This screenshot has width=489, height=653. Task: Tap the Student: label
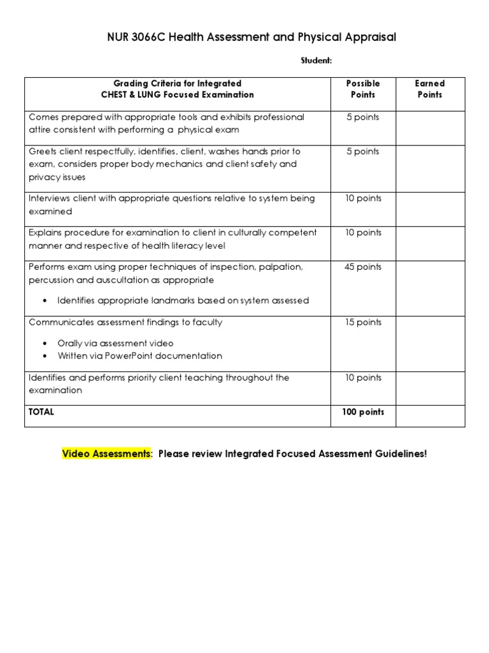click(x=316, y=61)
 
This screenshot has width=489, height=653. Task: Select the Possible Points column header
click(x=362, y=89)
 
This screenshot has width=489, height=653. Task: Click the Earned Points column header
click(x=429, y=89)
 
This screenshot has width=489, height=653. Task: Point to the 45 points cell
click(x=362, y=267)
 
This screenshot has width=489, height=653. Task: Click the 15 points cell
click(x=362, y=323)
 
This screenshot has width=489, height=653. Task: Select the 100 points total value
click(x=362, y=412)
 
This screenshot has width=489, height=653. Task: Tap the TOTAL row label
click(x=41, y=412)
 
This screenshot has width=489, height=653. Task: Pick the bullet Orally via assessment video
click(x=115, y=343)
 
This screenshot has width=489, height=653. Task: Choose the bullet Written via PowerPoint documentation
click(x=139, y=356)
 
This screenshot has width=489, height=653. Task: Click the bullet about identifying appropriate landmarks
click(x=183, y=300)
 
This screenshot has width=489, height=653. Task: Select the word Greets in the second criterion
click(x=43, y=152)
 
